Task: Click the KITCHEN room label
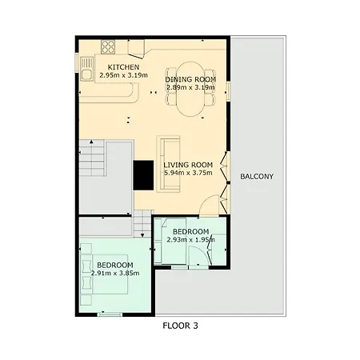click(123, 67)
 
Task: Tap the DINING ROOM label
click(190, 79)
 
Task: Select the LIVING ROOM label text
click(188, 165)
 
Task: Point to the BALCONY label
click(257, 176)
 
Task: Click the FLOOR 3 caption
click(180, 326)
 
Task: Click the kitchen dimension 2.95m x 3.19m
click(123, 75)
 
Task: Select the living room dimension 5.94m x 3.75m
click(188, 173)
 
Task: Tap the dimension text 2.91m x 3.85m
click(115, 273)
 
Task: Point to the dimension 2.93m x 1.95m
click(190, 240)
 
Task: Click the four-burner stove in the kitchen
click(108, 47)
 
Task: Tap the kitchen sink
click(86, 69)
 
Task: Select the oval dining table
click(190, 89)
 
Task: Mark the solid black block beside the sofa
click(143, 175)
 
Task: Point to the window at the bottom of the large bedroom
click(110, 314)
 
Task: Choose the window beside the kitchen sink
click(77, 63)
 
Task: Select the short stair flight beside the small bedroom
click(142, 223)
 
